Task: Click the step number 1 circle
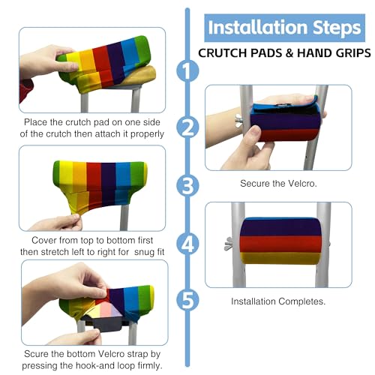pyautogui.click(x=187, y=70)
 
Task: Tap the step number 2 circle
pyautogui.click(x=187, y=127)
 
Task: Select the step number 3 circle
pyautogui.click(x=187, y=186)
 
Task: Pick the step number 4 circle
pyautogui.click(x=187, y=244)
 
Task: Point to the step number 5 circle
pyautogui.click(x=187, y=300)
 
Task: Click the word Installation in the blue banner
pyautogui.click(x=257, y=27)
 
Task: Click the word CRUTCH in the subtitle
pyautogui.click(x=223, y=53)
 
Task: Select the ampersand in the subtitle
pyautogui.click(x=289, y=53)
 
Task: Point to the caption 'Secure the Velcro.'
pyautogui.click(x=278, y=184)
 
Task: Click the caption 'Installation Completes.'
pyautogui.click(x=278, y=301)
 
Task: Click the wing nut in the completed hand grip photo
pyautogui.click(x=229, y=244)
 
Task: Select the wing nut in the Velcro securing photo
pyautogui.click(x=238, y=121)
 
